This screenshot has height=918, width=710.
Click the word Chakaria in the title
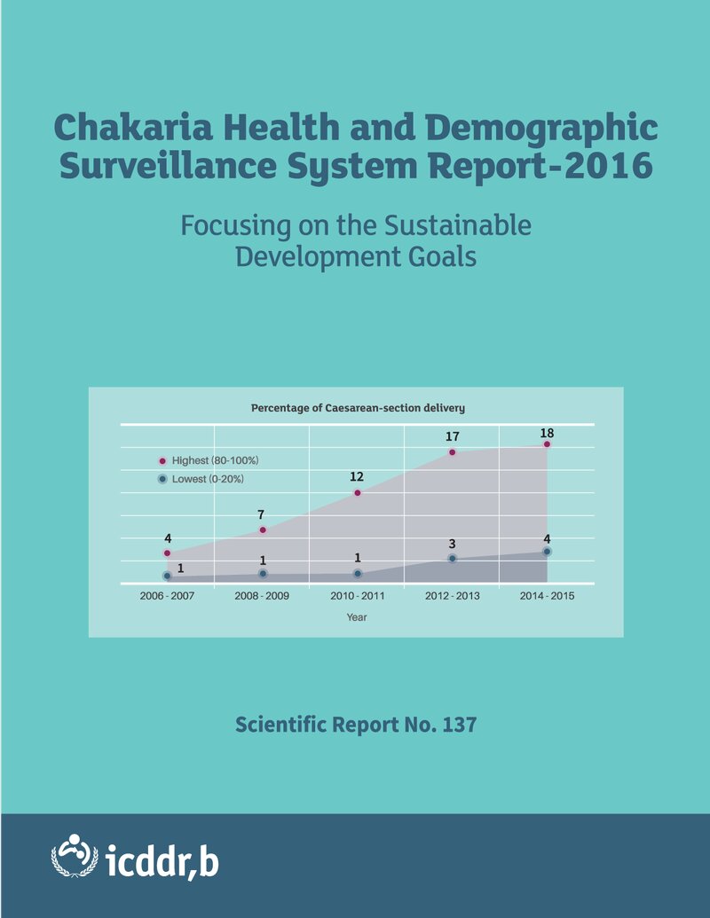[x=133, y=127]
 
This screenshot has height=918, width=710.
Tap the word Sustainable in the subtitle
[x=458, y=225]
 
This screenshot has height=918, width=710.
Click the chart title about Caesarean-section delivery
[x=358, y=408]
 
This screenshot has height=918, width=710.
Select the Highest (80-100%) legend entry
[x=209, y=460]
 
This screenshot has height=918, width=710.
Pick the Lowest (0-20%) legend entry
[x=201, y=479]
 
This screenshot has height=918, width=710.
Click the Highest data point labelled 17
[x=453, y=452]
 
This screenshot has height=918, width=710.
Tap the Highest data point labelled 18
[x=548, y=444]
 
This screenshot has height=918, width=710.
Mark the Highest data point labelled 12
[x=358, y=493]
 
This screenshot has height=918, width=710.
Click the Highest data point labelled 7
[x=263, y=530]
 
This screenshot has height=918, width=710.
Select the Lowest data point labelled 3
[x=453, y=559]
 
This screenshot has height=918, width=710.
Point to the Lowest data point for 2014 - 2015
[x=548, y=552]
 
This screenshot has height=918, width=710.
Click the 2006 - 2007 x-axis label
[x=167, y=596]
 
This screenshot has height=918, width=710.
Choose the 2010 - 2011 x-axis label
[x=358, y=596]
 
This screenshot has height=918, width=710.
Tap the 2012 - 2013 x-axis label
[x=453, y=596]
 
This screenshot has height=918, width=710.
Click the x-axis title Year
[x=357, y=617]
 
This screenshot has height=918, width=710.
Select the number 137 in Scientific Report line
[x=459, y=725]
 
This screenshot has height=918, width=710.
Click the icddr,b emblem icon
[x=75, y=856]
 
